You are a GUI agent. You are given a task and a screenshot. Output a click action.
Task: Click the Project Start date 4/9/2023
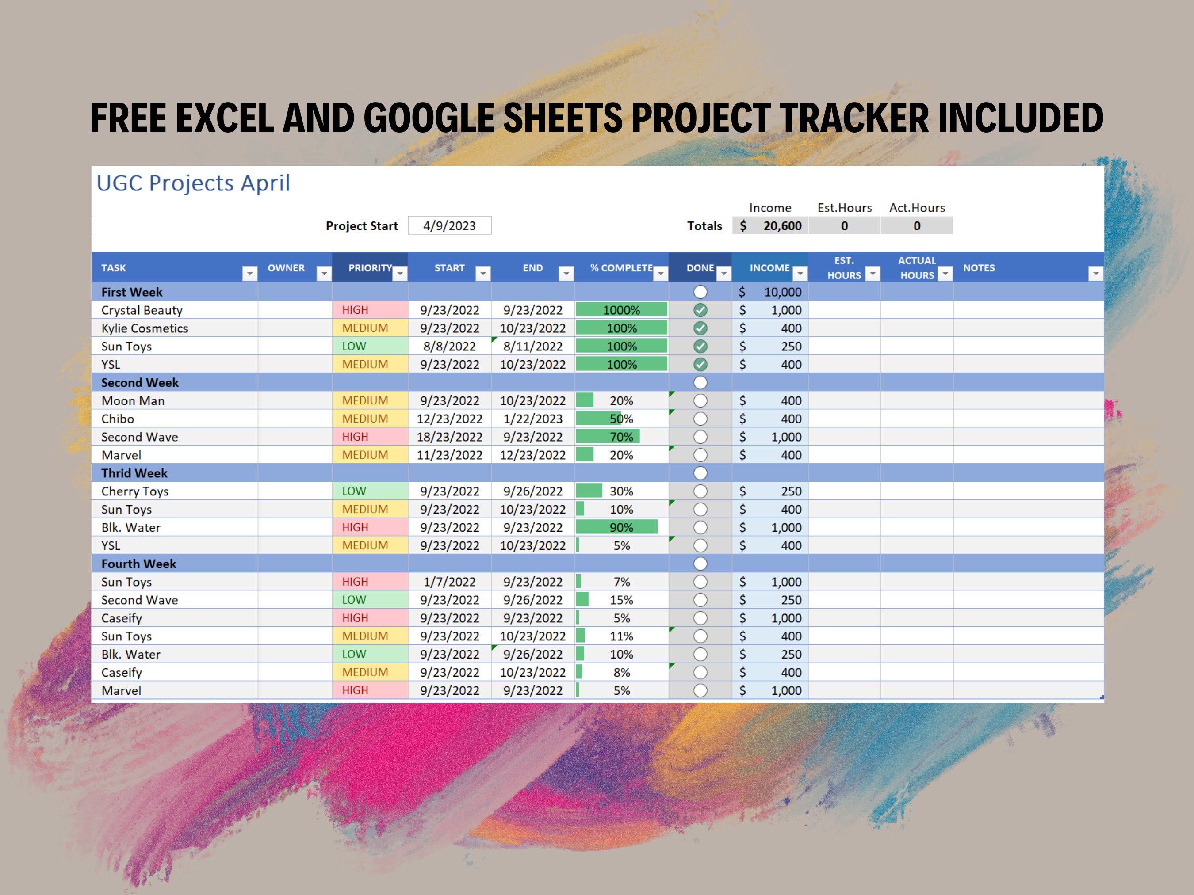[x=449, y=225]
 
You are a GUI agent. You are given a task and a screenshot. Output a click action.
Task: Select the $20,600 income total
[x=770, y=225]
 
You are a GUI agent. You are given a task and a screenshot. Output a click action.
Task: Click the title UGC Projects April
[x=193, y=183]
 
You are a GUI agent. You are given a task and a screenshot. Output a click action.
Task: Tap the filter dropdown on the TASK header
[x=249, y=274]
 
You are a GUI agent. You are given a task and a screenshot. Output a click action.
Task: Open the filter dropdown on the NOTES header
[x=1095, y=274]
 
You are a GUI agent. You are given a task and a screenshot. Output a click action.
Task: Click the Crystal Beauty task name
[x=142, y=310]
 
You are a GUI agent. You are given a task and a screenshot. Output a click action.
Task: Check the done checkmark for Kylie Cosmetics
[x=700, y=328]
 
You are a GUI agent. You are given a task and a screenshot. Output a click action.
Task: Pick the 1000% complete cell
[x=621, y=310]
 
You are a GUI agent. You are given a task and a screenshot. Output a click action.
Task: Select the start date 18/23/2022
[x=449, y=437]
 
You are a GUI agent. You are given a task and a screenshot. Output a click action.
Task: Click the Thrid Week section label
[x=134, y=473]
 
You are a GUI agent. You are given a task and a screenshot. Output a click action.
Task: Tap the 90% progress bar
[x=617, y=527]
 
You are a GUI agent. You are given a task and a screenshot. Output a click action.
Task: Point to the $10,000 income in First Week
[x=771, y=292]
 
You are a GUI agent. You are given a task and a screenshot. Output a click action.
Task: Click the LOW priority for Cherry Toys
[x=354, y=491]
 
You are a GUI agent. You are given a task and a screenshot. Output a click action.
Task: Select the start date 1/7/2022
[x=449, y=582]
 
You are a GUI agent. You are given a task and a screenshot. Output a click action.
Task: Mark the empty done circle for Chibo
[x=700, y=419]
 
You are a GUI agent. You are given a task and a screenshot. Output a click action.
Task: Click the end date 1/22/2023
[x=533, y=419]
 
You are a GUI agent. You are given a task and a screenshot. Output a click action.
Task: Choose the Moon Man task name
[x=133, y=401]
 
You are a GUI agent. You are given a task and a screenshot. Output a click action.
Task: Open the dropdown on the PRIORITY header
[x=399, y=274]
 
